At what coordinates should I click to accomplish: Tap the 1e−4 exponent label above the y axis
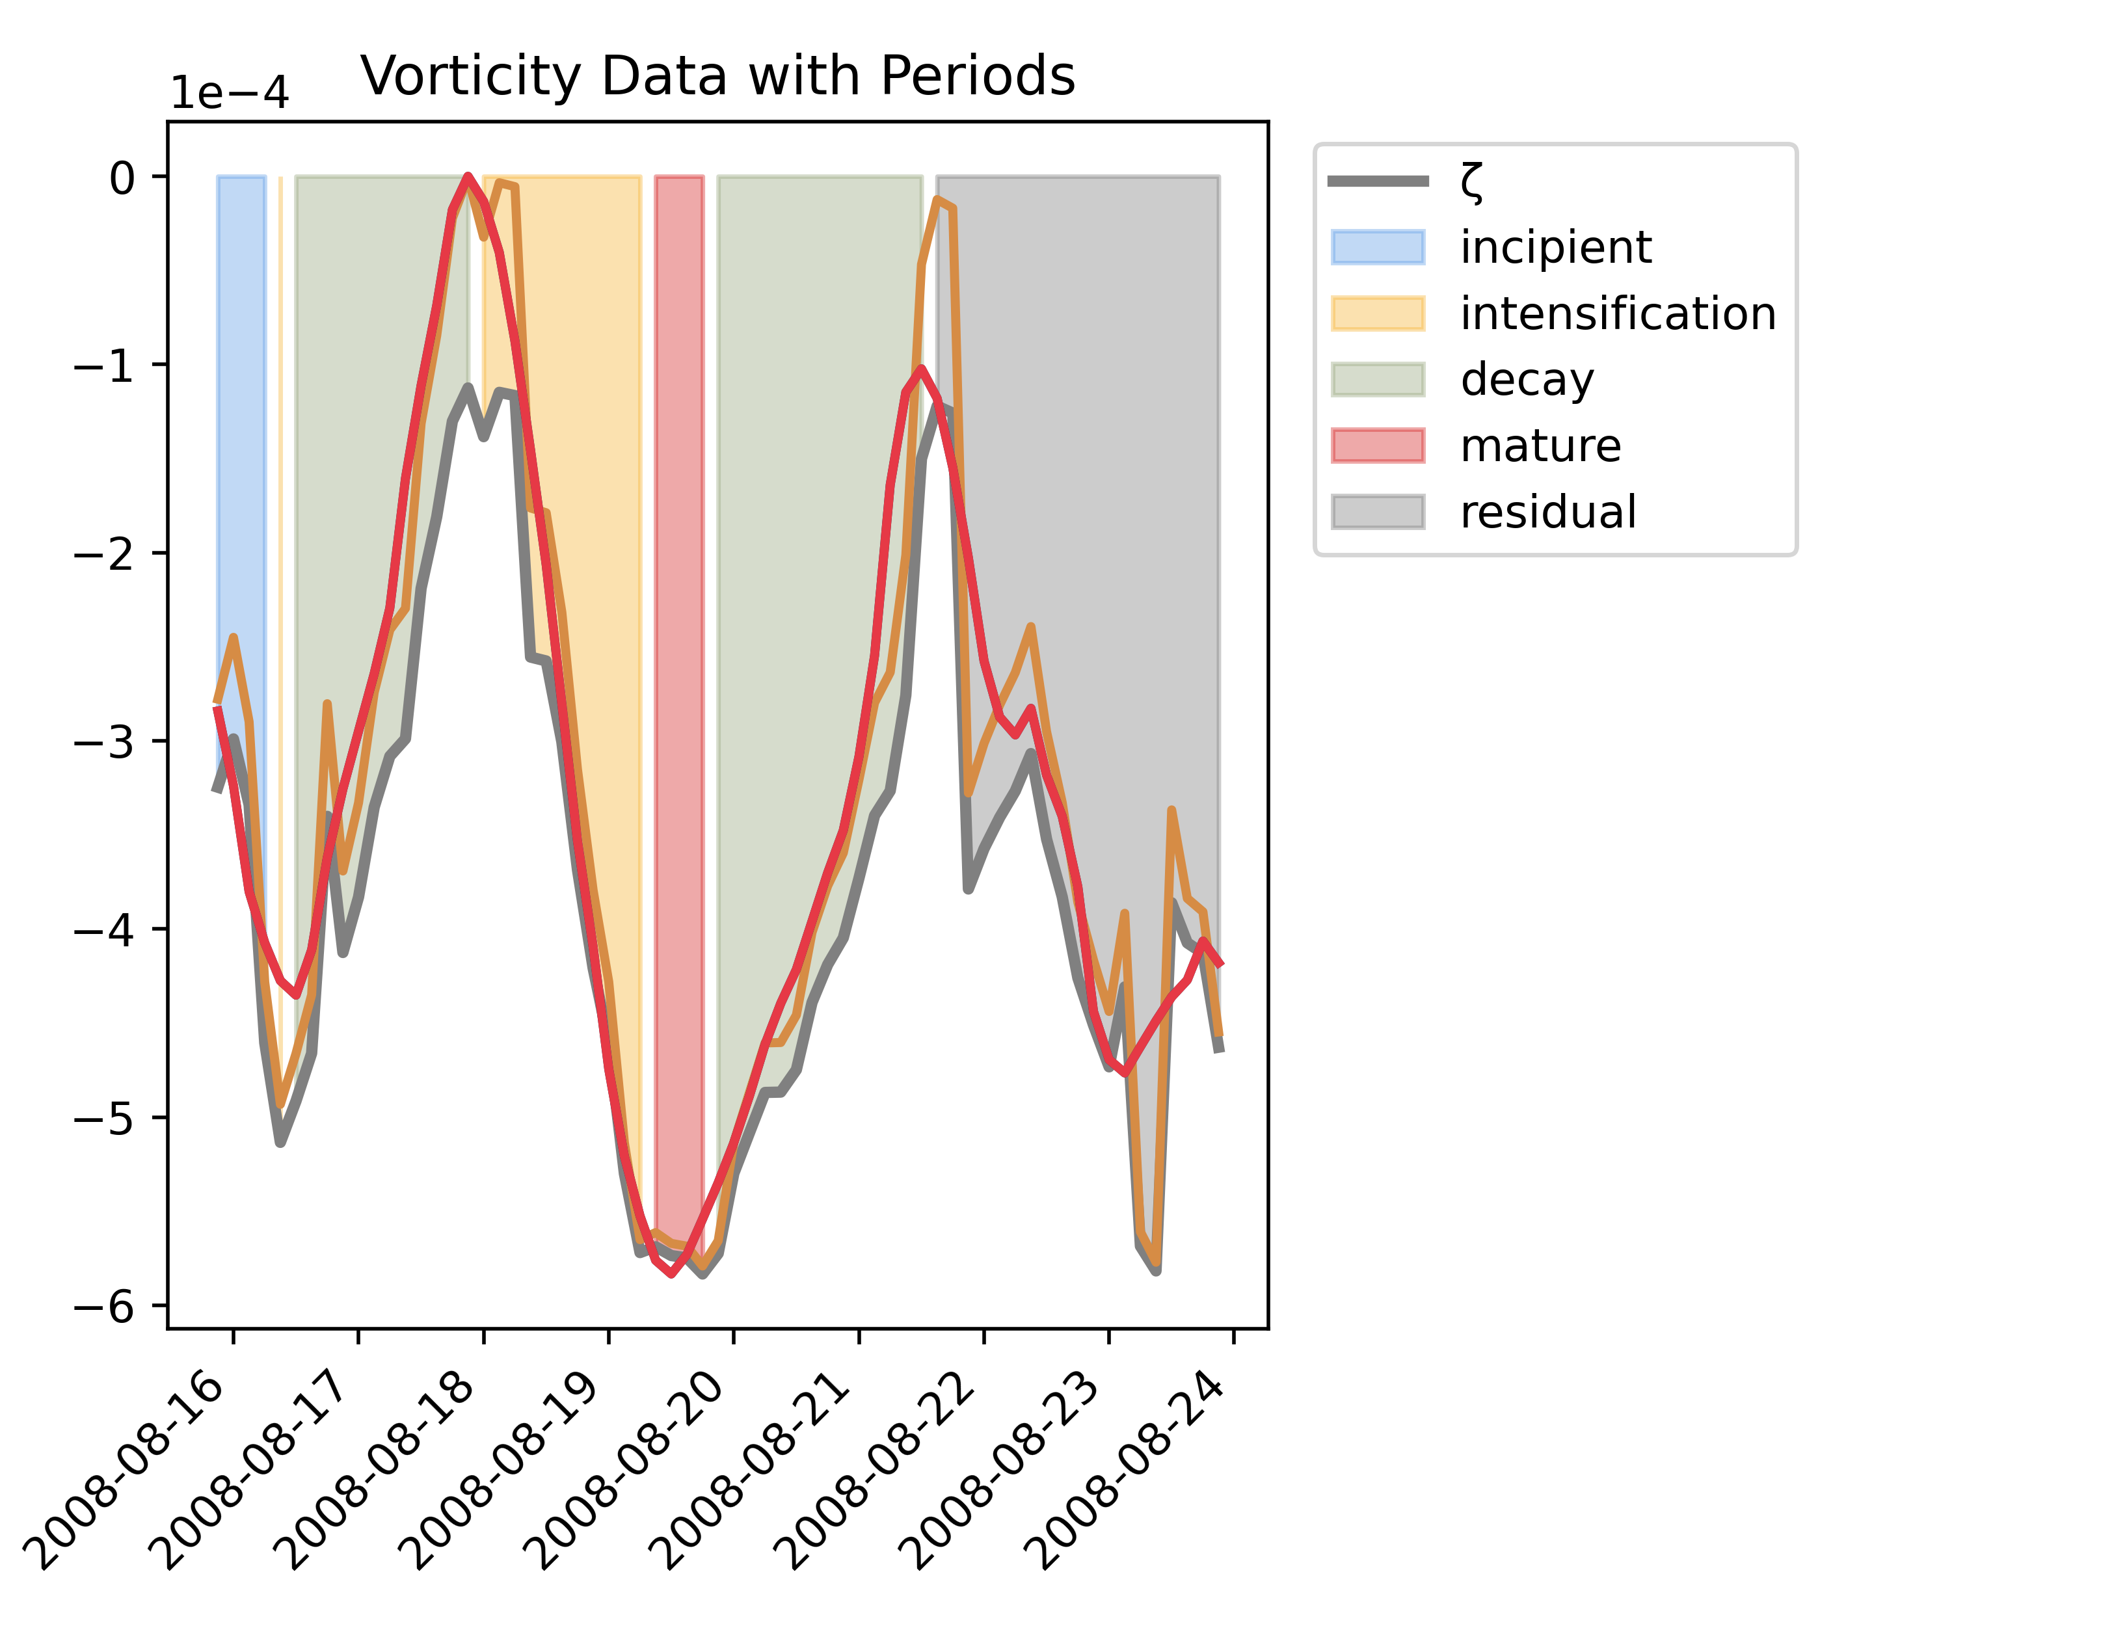230,94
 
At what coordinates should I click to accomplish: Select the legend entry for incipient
1555,248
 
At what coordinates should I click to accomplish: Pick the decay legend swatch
1378,379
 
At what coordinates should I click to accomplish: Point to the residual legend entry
1547,511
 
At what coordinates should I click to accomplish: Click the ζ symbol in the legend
1471,181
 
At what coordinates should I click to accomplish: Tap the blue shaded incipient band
241,436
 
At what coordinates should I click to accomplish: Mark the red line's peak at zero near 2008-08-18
468,177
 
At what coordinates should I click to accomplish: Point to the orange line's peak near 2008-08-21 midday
937,200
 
